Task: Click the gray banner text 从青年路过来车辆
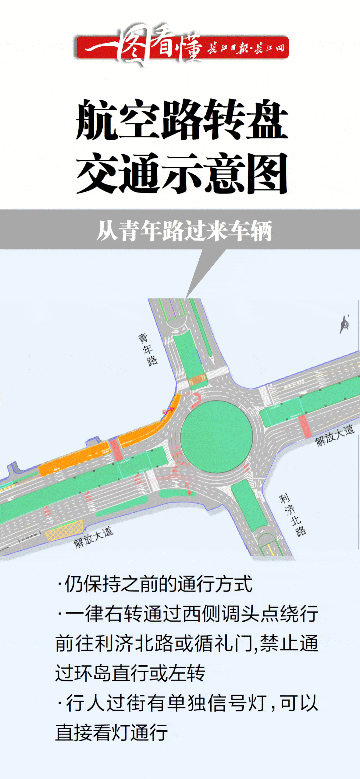(x=184, y=230)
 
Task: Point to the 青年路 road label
(x=148, y=350)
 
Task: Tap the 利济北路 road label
(x=292, y=515)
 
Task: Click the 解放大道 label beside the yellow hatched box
(x=93, y=537)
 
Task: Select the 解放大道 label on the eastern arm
(x=334, y=436)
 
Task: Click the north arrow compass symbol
(x=345, y=324)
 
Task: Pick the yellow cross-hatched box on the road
(x=64, y=530)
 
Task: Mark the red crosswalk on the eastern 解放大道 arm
(x=305, y=426)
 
